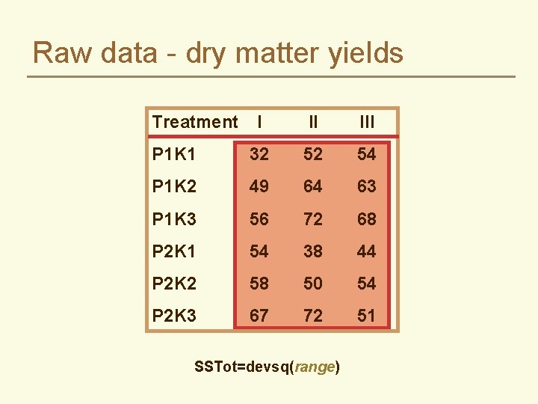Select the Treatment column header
point(194,122)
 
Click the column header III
point(367,122)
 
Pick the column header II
point(313,122)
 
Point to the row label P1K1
point(174,154)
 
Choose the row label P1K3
point(174,219)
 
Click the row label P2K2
point(174,284)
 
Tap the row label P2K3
point(174,316)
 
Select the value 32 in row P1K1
point(259,154)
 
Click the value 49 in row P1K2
point(259,186)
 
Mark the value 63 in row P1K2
point(367,186)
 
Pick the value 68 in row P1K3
point(367,219)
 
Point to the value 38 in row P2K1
point(313,251)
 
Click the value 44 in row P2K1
point(367,251)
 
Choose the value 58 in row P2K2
point(259,284)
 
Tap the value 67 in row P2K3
point(259,316)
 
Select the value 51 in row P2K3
point(367,316)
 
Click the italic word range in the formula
point(314,367)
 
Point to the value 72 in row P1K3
point(313,219)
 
